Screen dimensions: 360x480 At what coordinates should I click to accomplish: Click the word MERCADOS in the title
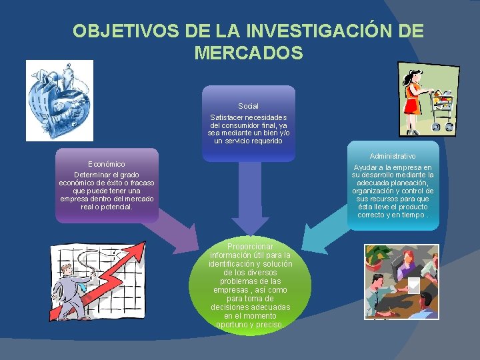click(x=249, y=53)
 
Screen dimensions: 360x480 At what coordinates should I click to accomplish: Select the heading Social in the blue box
click(x=248, y=106)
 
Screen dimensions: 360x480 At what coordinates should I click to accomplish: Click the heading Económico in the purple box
click(x=107, y=164)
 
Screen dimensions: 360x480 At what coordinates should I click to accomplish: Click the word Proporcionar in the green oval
click(x=249, y=247)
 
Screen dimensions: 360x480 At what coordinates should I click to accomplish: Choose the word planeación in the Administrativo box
click(x=413, y=183)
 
